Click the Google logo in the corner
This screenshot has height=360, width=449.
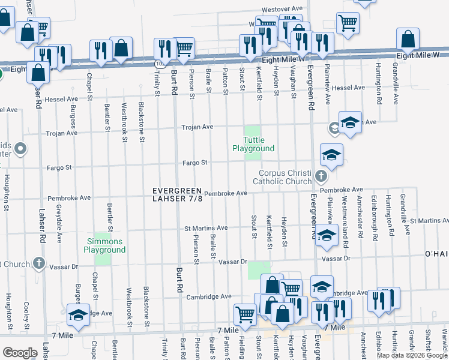(x=20, y=353)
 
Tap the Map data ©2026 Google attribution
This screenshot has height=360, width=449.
(x=412, y=355)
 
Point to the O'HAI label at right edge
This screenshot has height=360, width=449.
(x=436, y=254)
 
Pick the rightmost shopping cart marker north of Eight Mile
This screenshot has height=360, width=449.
(x=348, y=22)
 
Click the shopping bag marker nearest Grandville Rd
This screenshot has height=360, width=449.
(x=408, y=39)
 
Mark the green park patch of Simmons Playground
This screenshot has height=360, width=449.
(x=103, y=258)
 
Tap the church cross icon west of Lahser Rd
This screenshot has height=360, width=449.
(x=39, y=263)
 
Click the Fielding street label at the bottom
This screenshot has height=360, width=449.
(x=241, y=347)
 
